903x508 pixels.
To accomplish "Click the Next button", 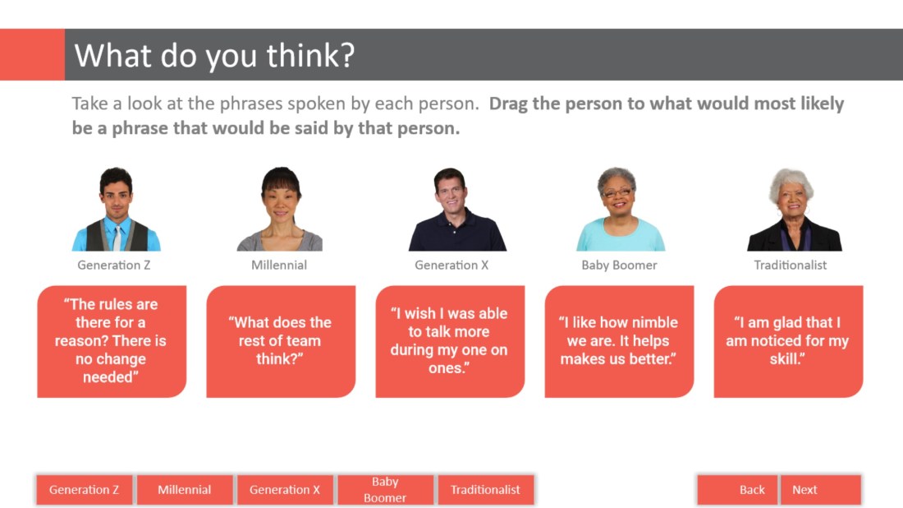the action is (820, 490).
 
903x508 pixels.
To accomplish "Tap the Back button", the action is (738, 490).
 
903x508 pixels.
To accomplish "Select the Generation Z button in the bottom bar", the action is (84, 490).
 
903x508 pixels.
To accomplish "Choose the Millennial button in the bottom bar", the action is (184, 490).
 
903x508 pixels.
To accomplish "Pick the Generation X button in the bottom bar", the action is (285, 490).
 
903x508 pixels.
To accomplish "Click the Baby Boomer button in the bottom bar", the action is (385, 490).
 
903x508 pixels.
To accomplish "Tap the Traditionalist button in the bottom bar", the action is (485, 490).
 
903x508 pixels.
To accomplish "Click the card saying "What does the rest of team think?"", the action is (281, 341).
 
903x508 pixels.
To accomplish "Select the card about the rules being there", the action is (112, 341).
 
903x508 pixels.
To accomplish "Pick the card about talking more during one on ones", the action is (450, 341).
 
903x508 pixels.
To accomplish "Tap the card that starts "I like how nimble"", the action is (619, 341).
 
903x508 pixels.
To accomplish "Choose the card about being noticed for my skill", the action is (788, 341).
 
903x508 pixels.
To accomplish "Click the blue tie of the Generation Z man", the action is (117, 236).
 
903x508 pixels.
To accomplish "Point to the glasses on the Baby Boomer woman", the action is (617, 192).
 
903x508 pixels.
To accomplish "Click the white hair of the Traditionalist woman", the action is (791, 178).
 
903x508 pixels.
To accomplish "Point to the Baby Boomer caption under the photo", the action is (619, 266).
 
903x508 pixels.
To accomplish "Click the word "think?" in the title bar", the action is (310, 56).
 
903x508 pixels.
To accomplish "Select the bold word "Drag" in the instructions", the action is (508, 104).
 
